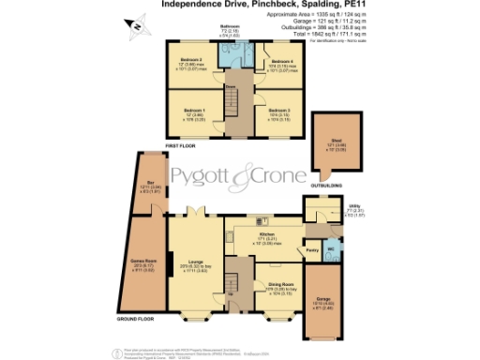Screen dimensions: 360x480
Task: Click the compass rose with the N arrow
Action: point(136,26)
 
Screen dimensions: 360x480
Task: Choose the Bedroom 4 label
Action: point(280,63)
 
